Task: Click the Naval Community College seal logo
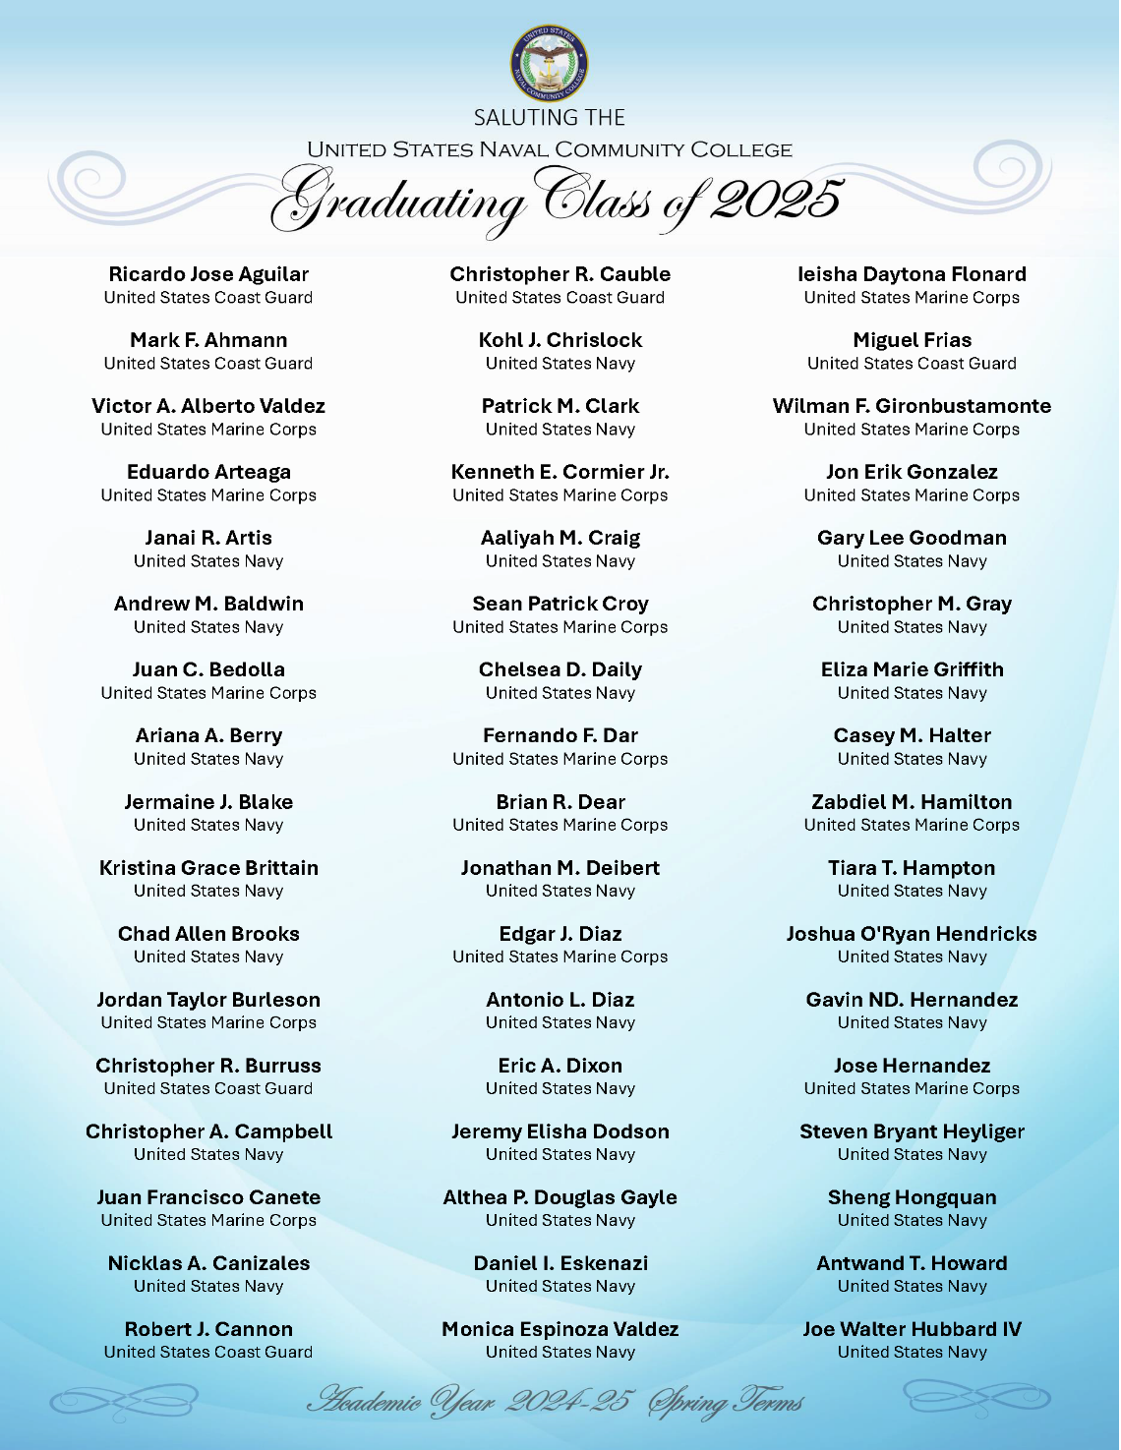(x=550, y=62)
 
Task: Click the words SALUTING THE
(x=550, y=118)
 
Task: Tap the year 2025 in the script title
(x=777, y=200)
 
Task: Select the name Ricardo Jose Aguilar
(x=208, y=274)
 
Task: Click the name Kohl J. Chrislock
(x=560, y=340)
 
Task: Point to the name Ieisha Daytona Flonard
(x=912, y=274)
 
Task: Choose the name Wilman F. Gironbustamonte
(x=912, y=406)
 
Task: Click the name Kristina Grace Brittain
(x=208, y=868)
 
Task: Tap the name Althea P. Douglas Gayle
(x=560, y=1197)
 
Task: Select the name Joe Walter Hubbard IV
(x=912, y=1329)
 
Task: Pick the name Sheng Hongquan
(x=912, y=1197)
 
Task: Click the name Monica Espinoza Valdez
(x=560, y=1329)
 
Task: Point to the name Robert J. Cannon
(x=208, y=1329)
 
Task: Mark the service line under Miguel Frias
(x=912, y=364)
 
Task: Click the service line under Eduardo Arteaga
(x=208, y=495)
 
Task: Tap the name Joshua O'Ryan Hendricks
(x=912, y=934)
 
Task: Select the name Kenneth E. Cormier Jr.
(x=560, y=472)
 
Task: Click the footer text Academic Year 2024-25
(x=470, y=1400)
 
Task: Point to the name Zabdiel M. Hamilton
(x=912, y=802)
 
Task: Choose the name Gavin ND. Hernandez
(x=912, y=1000)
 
